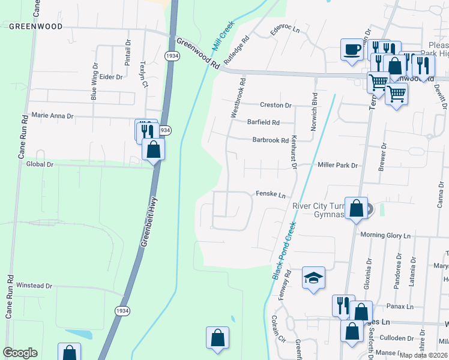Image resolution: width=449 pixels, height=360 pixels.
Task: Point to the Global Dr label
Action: click(x=40, y=164)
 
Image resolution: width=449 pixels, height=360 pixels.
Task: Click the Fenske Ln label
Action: click(x=270, y=195)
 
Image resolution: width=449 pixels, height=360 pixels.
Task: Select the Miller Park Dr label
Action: click(x=337, y=165)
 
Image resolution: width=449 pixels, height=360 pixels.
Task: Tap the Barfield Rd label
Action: click(x=264, y=122)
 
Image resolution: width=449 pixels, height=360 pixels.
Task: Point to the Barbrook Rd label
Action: click(x=270, y=140)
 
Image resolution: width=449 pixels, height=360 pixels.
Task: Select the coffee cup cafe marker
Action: click(x=352, y=49)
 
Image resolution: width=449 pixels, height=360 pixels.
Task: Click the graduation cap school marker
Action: click(x=313, y=278)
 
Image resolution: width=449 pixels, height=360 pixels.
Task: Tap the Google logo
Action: click(x=20, y=353)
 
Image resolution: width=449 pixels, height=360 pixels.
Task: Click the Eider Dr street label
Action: click(x=111, y=77)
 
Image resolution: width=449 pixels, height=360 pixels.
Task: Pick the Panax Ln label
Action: click(x=401, y=307)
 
